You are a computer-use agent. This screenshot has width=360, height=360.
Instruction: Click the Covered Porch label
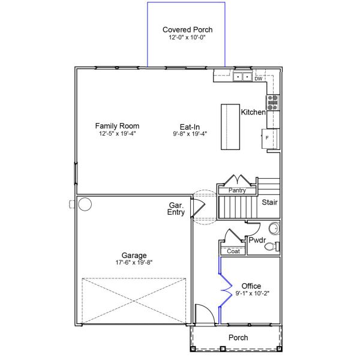pos(187,29)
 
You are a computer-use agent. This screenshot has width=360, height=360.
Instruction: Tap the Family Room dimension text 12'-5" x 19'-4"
pos(117,134)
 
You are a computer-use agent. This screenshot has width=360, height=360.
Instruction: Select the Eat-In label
pos(190,127)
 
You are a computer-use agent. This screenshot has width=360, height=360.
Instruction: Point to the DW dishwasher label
pos(258,79)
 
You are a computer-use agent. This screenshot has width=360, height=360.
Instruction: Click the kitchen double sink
pos(242,77)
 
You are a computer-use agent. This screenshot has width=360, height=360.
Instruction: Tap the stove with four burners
pos(273,102)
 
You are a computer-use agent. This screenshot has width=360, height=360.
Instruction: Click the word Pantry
pos(237,190)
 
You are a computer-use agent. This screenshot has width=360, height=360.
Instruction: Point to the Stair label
pos(269,202)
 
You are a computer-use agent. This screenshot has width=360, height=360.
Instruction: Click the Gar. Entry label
pos(176,208)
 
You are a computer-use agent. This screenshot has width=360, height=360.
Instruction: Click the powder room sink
pos(273,229)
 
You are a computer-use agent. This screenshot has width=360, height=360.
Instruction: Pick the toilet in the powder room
pos(271,246)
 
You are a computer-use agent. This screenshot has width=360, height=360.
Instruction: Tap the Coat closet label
pos(233,251)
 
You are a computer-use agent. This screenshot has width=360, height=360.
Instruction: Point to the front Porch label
pos(238,338)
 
